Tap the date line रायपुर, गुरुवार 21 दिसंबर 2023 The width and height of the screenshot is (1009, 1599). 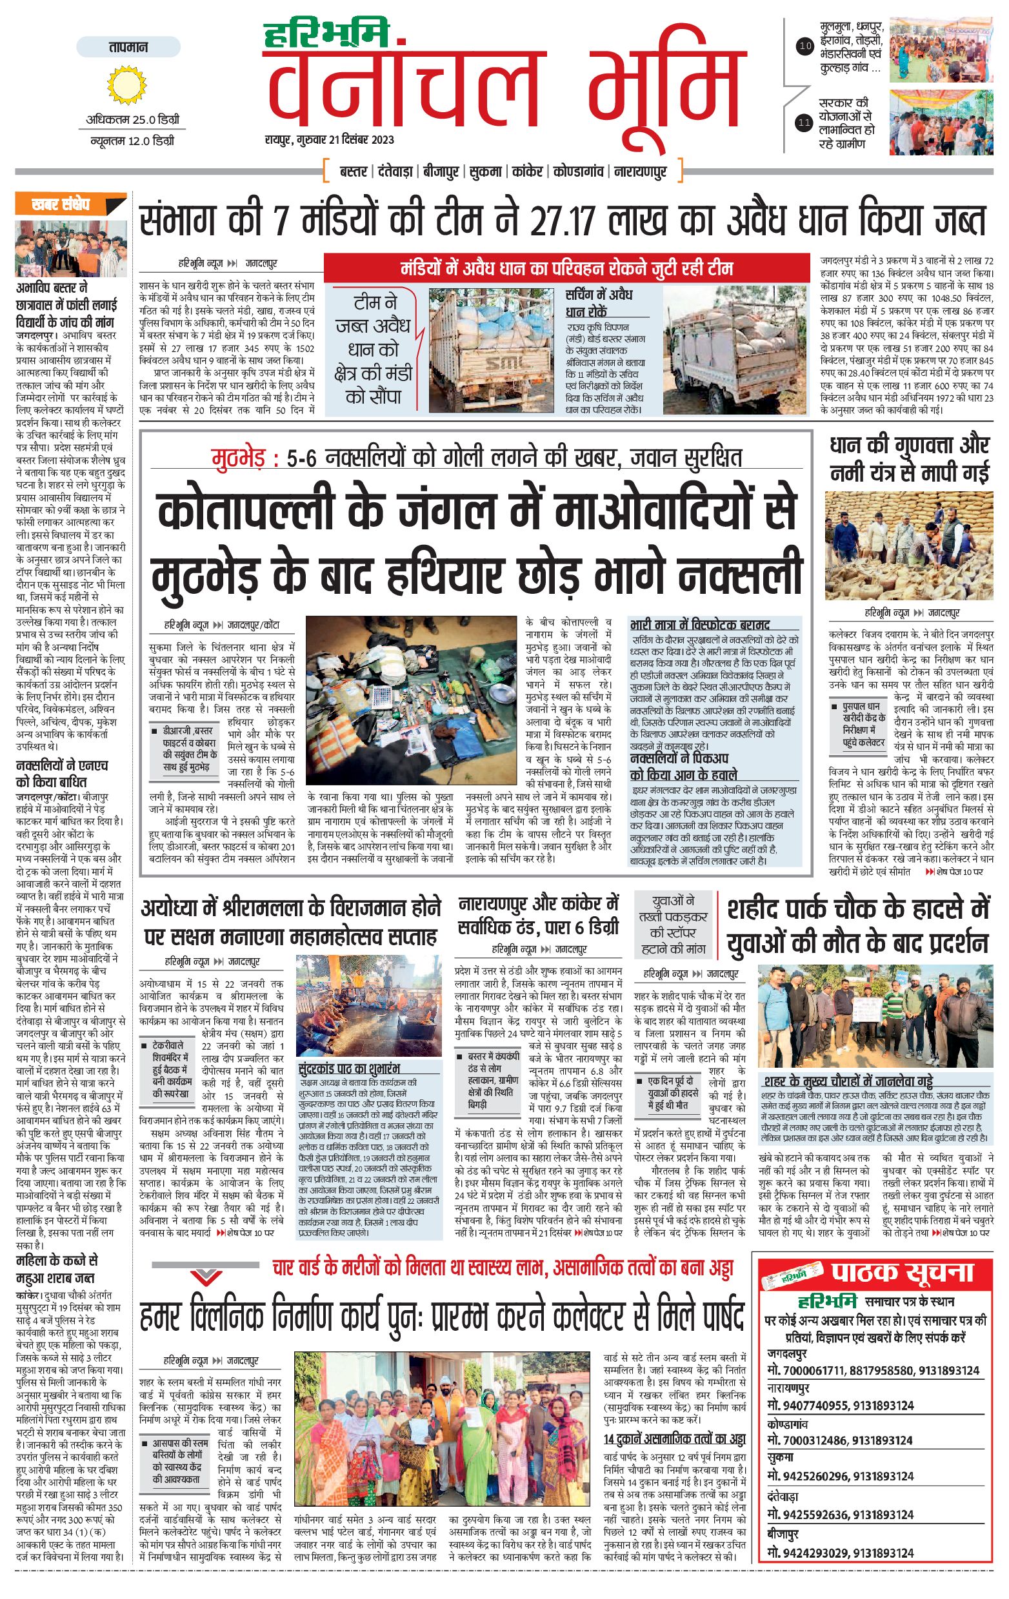click(329, 140)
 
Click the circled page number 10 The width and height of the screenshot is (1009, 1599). click(805, 46)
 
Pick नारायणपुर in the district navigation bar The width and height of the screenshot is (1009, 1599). click(640, 172)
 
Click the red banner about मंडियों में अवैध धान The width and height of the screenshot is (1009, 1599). click(566, 268)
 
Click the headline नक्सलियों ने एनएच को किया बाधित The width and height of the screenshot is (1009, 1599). click(62, 774)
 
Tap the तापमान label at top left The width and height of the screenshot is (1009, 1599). click(128, 48)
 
